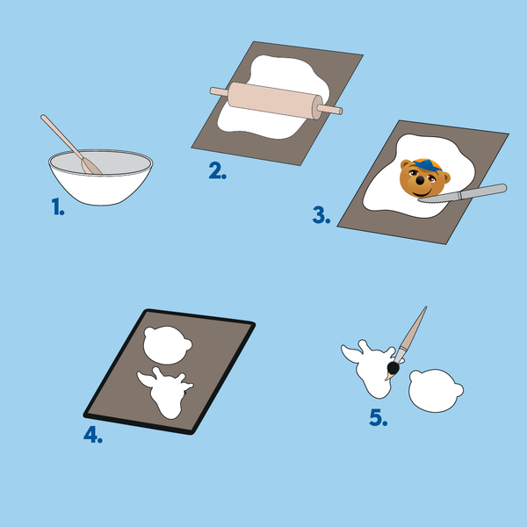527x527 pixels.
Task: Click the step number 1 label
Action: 58,206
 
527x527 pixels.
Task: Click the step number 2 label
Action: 218,170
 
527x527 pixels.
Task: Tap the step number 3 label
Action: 321,215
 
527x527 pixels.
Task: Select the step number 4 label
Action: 93,435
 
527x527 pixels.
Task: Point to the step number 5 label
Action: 378,418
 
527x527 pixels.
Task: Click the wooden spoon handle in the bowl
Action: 61,136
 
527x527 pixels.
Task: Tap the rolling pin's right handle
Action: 330,109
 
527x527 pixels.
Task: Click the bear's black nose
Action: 420,181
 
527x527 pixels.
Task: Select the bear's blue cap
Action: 427,164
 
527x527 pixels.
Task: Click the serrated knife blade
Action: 438,198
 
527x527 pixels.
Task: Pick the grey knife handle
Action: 482,191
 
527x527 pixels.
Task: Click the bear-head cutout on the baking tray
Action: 167,345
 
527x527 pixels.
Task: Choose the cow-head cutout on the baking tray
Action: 166,392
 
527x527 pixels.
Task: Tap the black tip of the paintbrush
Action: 393,368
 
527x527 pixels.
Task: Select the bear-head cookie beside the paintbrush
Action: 436,391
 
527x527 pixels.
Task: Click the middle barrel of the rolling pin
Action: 275,100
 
